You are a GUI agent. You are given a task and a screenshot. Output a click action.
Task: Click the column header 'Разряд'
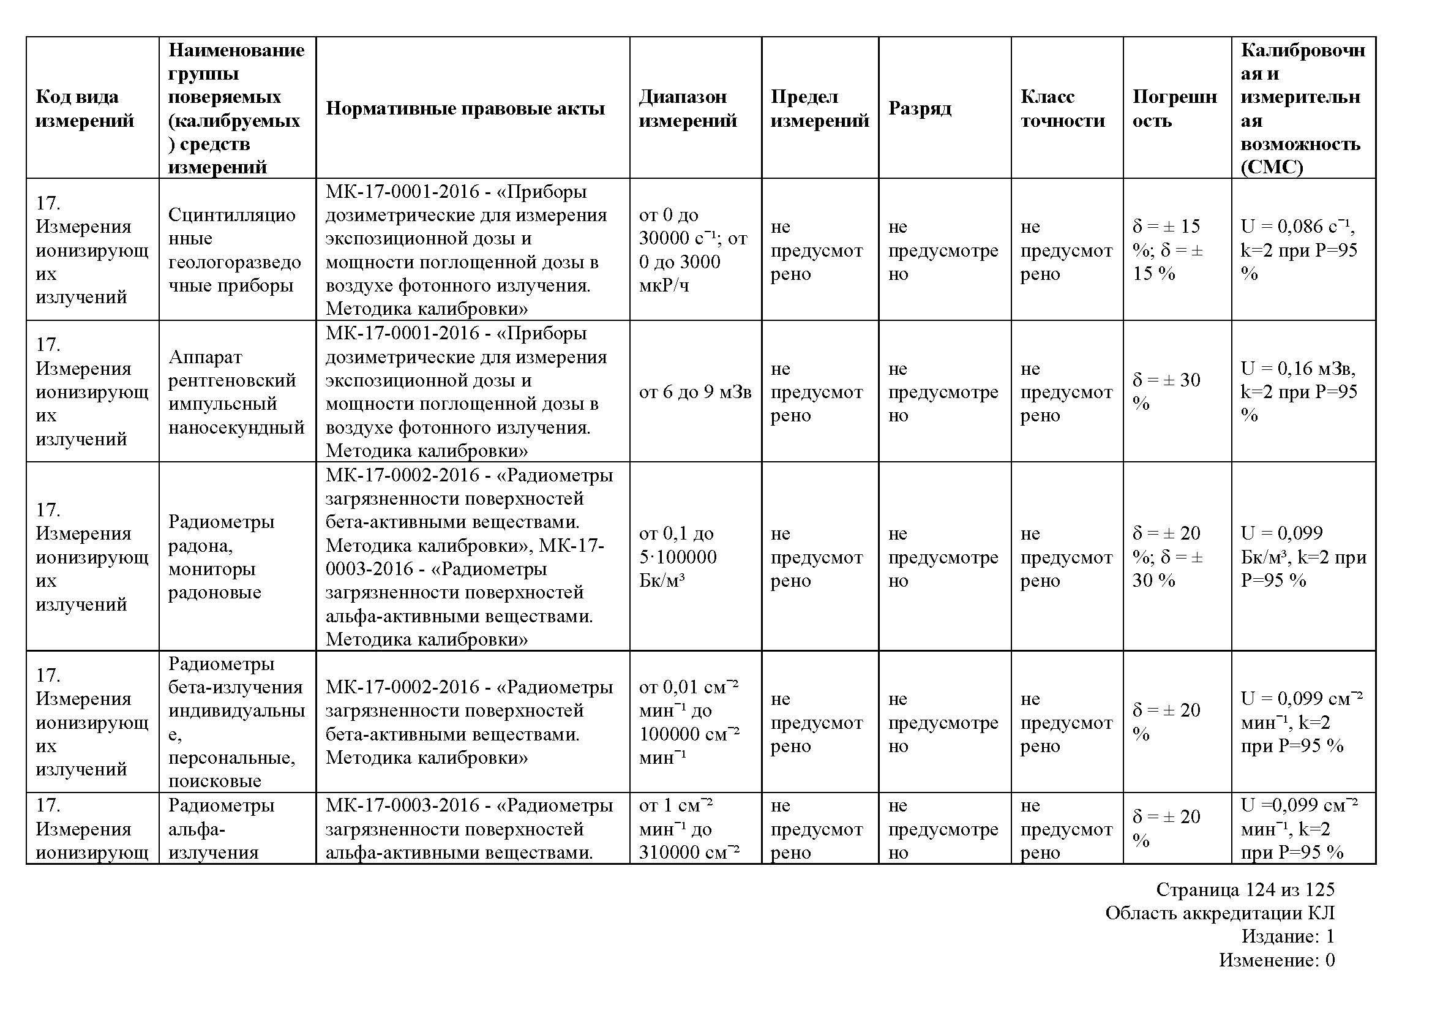pyautogui.click(x=920, y=108)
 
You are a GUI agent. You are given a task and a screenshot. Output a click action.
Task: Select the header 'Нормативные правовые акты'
pyautogui.click(x=465, y=108)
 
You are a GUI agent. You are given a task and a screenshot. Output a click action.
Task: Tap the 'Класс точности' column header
pyautogui.click(x=1063, y=108)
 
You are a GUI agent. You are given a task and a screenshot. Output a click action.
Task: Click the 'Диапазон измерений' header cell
pyautogui.click(x=688, y=108)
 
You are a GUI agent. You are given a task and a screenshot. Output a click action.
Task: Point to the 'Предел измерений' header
pyautogui.click(x=820, y=108)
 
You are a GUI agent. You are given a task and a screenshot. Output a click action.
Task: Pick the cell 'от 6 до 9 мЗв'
pyautogui.click(x=695, y=392)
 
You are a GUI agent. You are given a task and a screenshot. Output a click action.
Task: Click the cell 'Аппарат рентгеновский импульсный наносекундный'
pyautogui.click(x=236, y=392)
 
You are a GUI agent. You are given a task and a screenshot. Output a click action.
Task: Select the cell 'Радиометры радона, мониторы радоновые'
pyautogui.click(x=222, y=556)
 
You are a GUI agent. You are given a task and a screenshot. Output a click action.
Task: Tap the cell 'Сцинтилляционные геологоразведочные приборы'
pyautogui.click(x=234, y=250)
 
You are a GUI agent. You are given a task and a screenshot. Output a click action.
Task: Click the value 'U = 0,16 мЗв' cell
pyautogui.click(x=1299, y=392)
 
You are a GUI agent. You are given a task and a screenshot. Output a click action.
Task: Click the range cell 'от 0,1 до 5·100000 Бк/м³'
pyautogui.click(x=678, y=556)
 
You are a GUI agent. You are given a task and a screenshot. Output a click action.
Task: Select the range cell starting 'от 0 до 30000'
pyautogui.click(x=692, y=250)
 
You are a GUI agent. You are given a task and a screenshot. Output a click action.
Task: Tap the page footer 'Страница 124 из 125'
pyautogui.click(x=1245, y=889)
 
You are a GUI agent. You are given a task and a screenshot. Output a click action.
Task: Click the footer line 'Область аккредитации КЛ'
pyautogui.click(x=1220, y=913)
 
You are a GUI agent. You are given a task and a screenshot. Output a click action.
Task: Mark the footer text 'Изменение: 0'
pyautogui.click(x=1276, y=960)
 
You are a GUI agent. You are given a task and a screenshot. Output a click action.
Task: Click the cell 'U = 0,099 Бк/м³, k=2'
pyautogui.click(x=1302, y=556)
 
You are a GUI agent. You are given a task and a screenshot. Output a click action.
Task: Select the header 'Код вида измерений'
pyautogui.click(x=85, y=108)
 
